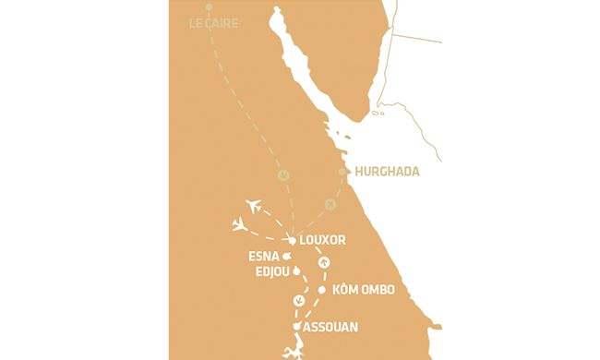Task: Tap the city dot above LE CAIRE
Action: point(209,7)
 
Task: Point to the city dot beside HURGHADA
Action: point(342,172)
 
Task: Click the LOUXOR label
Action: point(322,239)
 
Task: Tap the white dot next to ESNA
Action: point(288,257)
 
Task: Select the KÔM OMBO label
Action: point(362,291)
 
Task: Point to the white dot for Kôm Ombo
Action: point(321,291)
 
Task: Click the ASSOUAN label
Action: point(330,327)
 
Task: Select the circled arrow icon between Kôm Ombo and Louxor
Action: point(323,263)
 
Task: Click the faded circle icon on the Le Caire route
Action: point(284,175)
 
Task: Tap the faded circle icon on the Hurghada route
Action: point(330,204)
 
